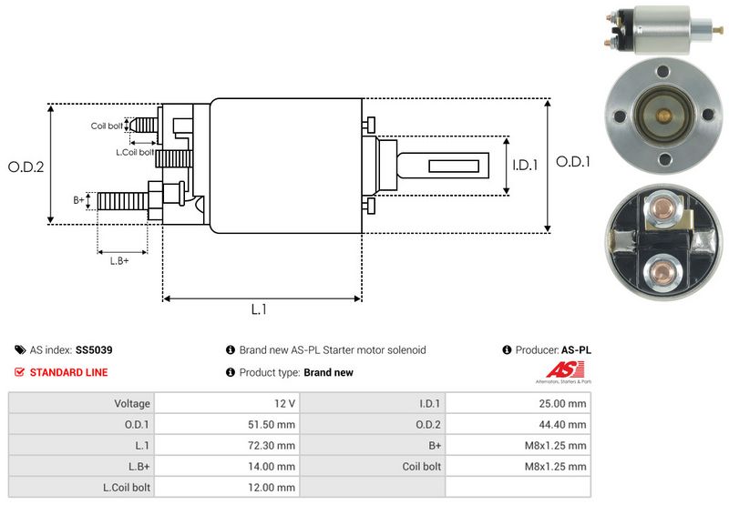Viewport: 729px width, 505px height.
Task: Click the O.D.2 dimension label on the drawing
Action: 26,167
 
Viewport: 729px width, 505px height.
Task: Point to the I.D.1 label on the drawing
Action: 526,166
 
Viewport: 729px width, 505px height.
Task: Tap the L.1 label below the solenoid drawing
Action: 259,309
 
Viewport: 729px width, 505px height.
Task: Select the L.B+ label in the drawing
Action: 119,261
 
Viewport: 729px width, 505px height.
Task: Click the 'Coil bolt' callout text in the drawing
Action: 107,126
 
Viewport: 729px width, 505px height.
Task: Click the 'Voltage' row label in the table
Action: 132,402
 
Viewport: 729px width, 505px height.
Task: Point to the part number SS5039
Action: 94,349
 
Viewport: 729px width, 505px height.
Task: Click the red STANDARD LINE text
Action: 68,372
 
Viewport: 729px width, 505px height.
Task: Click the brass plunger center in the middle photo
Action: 664,116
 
